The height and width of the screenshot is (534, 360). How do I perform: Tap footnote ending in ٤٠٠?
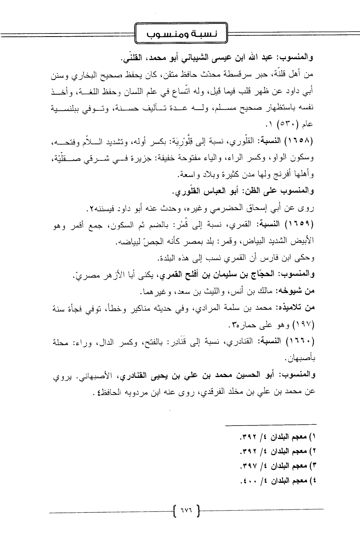coord(279,481)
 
